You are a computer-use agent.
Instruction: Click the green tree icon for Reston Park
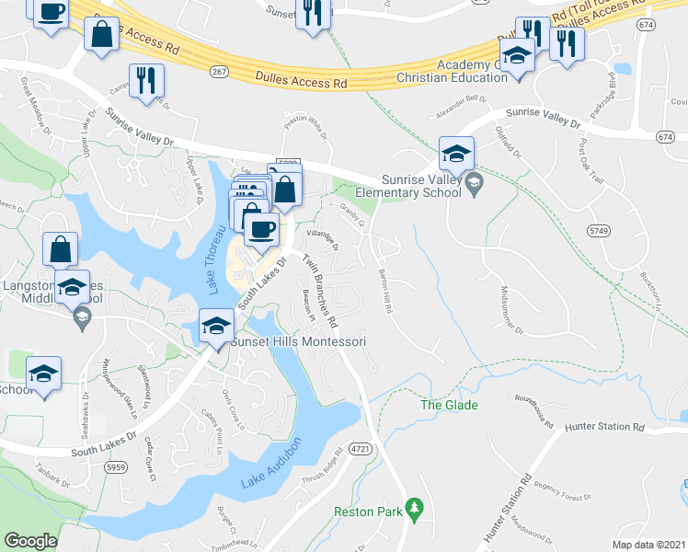[x=415, y=507]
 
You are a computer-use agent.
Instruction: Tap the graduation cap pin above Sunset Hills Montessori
[x=217, y=327]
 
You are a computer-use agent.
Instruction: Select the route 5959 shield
[x=117, y=466]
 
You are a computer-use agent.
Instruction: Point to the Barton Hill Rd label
[x=384, y=289]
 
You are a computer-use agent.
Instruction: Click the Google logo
[x=30, y=541]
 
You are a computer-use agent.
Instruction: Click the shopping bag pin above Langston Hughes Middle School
[x=61, y=249]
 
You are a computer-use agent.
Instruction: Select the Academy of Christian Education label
[x=473, y=71]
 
